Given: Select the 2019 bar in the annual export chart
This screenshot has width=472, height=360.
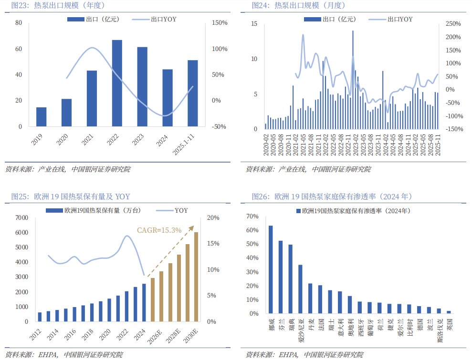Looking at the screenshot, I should (x=42, y=117).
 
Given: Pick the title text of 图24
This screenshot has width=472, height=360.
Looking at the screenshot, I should (x=298, y=5).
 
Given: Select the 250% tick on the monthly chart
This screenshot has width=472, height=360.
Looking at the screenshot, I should (x=453, y=24).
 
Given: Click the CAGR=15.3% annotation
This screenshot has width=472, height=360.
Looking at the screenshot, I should (x=159, y=230).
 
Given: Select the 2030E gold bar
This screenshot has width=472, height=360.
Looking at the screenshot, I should (x=196, y=277).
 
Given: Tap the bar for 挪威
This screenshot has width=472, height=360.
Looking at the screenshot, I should (x=271, y=269).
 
